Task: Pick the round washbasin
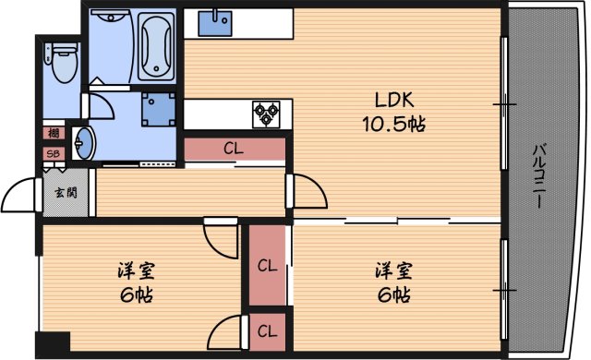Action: [84, 143]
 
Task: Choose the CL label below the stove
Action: [234, 148]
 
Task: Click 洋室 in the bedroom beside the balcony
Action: [394, 271]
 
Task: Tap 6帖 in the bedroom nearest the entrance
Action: [136, 296]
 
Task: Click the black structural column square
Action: [54, 342]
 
